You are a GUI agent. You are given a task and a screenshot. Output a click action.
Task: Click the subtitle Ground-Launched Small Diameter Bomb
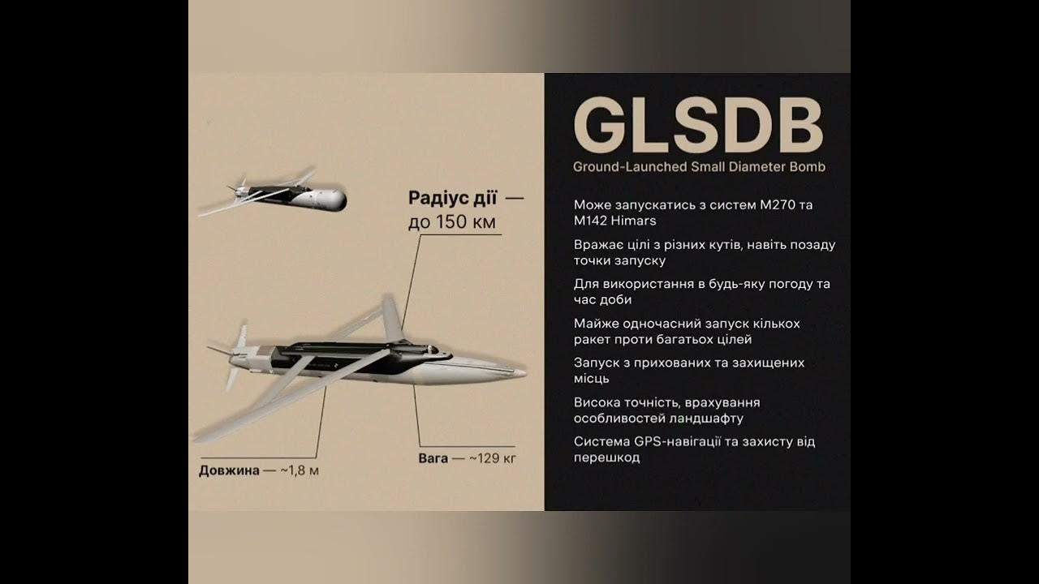(699, 167)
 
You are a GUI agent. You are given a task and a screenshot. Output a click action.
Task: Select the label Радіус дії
(452, 199)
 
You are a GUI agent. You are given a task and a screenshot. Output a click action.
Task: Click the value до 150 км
(451, 222)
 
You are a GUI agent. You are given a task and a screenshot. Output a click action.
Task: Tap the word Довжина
(229, 470)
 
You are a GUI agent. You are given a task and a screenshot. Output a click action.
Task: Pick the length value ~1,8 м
(300, 470)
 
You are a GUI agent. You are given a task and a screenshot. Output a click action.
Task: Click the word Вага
(433, 459)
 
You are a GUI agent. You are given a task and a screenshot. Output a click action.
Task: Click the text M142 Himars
(614, 221)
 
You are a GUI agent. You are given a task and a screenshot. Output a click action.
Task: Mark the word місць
(592, 379)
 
